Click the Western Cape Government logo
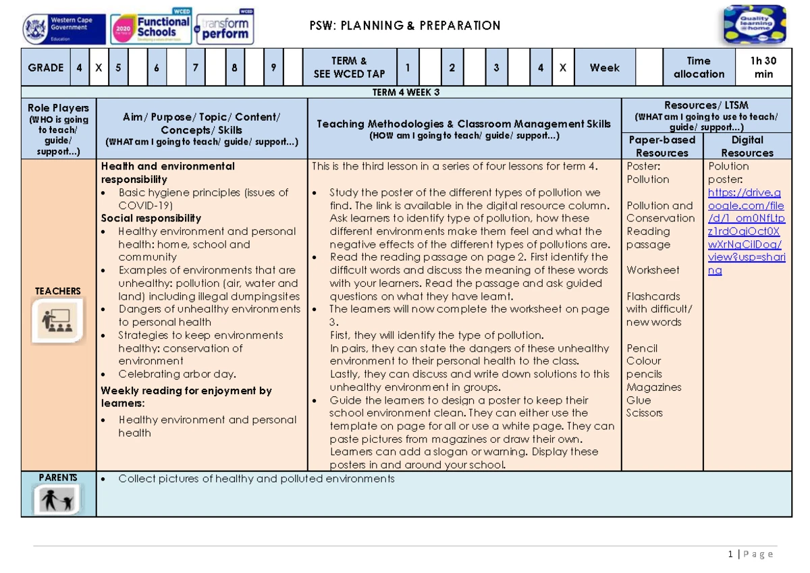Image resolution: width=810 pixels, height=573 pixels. tap(63, 30)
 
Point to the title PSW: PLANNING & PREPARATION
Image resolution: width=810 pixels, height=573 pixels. tap(404, 26)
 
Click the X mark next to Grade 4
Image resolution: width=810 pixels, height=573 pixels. tap(99, 67)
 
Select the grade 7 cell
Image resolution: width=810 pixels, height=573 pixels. tap(195, 67)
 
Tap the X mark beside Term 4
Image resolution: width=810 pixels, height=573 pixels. tap(562, 67)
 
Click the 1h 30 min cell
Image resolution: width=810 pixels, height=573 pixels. tap(763, 67)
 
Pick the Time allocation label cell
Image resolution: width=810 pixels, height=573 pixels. tap(699, 67)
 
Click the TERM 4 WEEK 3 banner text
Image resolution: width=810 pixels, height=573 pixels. tap(406, 92)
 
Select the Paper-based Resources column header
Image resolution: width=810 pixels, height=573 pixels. tap(661, 146)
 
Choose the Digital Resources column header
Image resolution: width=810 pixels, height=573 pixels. tap(747, 146)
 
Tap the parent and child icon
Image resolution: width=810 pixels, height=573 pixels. tap(58, 500)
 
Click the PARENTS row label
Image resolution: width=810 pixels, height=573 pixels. tap(58, 478)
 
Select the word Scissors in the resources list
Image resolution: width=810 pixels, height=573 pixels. tap(644, 413)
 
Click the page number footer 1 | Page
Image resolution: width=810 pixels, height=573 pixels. tap(751, 554)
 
